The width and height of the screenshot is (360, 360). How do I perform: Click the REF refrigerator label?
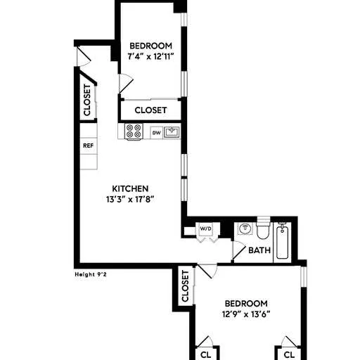[x=88, y=146]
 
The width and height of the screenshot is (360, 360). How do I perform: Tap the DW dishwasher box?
[x=156, y=131]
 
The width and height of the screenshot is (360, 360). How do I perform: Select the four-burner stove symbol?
[x=134, y=131]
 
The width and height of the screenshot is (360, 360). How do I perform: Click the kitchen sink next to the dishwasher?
[x=172, y=131]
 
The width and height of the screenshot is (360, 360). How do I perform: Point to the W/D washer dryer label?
[x=205, y=229]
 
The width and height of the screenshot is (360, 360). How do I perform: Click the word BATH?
[x=260, y=250]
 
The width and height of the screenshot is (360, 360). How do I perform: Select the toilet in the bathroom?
[x=263, y=231]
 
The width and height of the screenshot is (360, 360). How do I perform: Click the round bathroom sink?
[x=245, y=229]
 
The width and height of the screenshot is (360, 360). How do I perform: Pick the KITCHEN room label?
[x=130, y=188]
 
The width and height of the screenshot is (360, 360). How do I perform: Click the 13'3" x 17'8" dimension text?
[x=130, y=199]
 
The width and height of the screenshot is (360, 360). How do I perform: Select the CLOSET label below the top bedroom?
[x=150, y=110]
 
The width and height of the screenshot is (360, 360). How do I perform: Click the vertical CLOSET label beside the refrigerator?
[x=87, y=100]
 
